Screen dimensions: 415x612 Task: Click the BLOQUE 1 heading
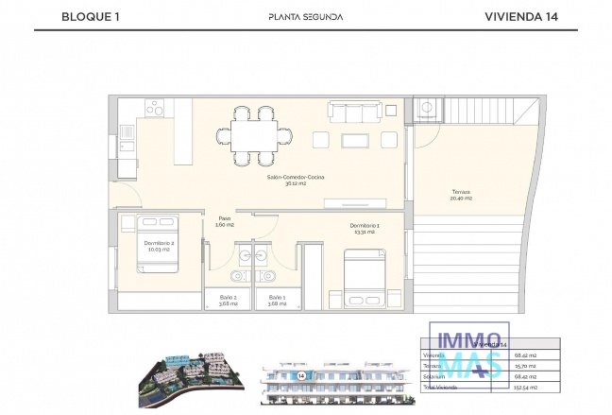90,16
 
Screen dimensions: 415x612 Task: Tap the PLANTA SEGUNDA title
305,16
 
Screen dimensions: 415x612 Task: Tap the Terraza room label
460,195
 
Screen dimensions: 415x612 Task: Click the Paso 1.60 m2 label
225,221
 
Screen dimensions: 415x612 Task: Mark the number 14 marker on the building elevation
300,375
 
